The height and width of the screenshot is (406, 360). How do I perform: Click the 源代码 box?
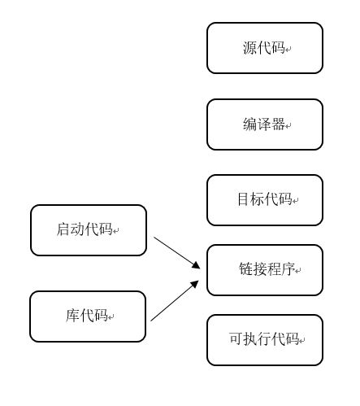[264, 48]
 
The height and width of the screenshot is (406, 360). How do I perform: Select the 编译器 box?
[264, 124]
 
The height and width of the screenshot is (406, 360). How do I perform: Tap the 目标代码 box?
[264, 199]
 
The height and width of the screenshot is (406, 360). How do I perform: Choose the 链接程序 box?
[264, 269]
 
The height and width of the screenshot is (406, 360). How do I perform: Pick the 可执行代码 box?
[264, 339]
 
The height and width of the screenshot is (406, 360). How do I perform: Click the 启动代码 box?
[89, 230]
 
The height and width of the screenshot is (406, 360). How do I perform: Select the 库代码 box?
[88, 317]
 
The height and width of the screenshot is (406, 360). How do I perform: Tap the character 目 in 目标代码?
[243, 199]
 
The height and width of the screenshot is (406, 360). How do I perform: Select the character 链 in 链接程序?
[245, 269]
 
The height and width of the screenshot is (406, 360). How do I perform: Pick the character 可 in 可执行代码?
[236, 339]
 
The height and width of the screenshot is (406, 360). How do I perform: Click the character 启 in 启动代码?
[63, 230]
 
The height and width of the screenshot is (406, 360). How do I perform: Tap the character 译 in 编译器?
[264, 124]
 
